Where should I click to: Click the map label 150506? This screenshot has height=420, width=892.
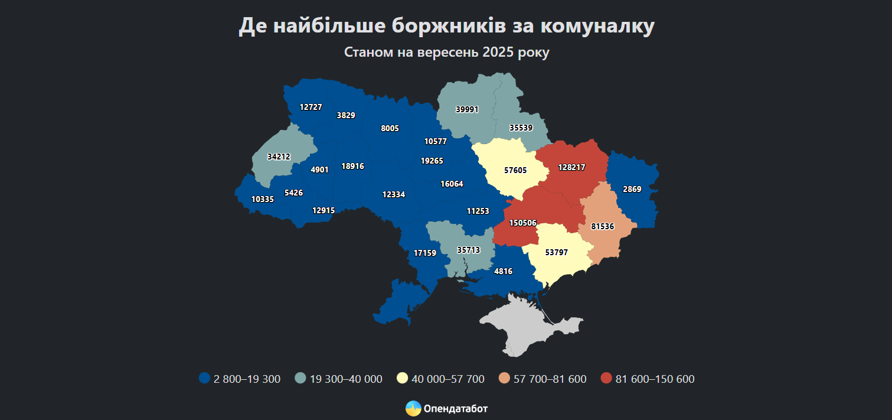[522, 223]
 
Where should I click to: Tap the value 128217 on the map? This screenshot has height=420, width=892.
[571, 168]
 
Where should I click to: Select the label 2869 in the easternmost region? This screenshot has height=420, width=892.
[632, 189]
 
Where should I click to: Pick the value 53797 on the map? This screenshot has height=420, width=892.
[556, 252]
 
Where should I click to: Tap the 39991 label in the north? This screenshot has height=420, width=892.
[467, 109]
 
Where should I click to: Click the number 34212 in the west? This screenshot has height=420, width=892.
[279, 157]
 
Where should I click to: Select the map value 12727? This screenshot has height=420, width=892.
[311, 107]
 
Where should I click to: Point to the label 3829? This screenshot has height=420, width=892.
[346, 115]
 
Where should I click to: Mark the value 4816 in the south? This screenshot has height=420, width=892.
[503, 271]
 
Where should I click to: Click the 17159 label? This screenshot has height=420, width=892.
[424, 253]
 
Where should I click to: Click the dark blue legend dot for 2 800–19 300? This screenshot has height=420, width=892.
[205, 379]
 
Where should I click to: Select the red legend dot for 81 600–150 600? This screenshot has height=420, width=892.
[606, 379]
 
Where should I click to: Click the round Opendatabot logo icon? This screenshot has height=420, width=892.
[413, 408]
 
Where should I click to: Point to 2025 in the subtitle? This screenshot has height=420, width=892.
[498, 53]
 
